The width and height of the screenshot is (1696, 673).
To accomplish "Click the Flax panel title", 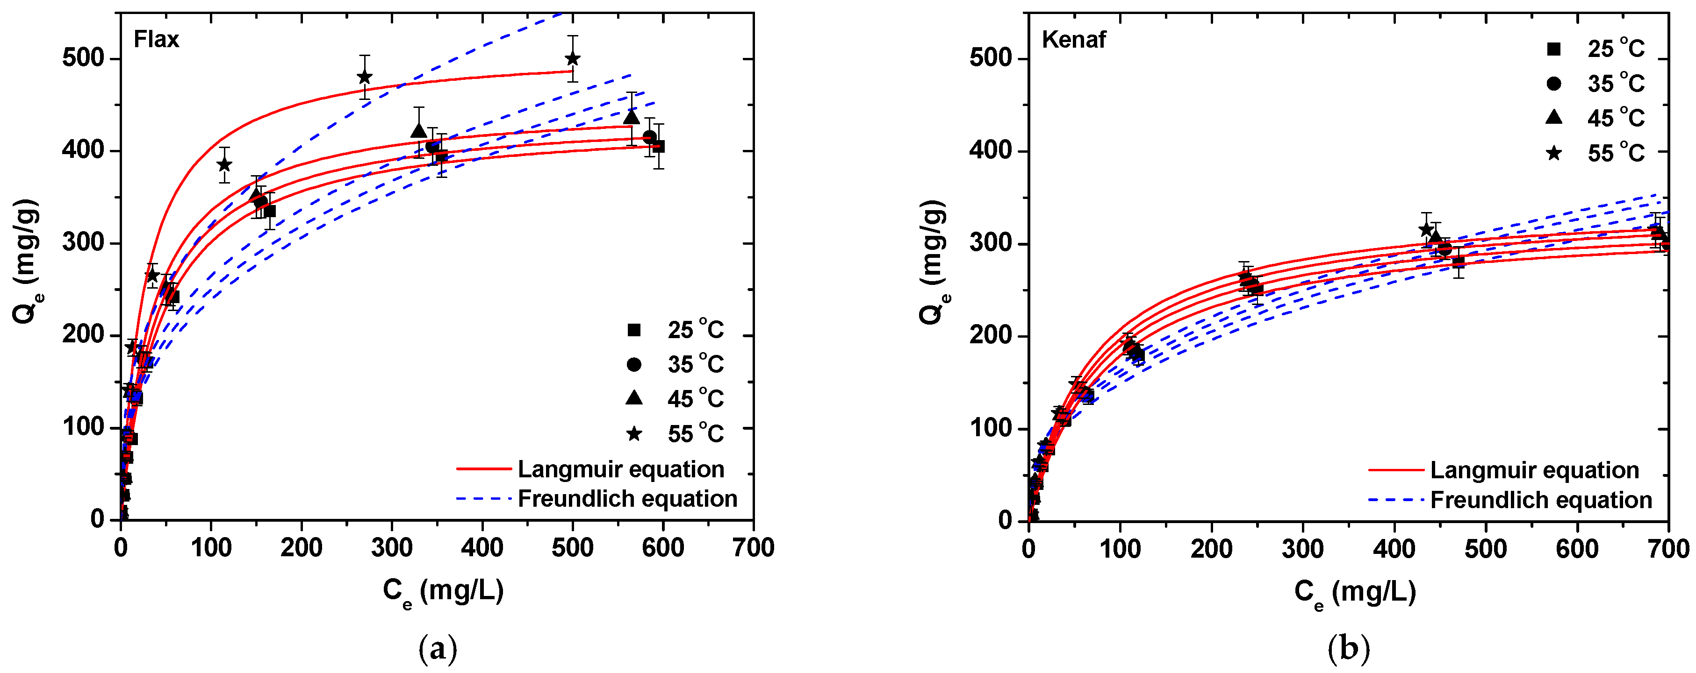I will click(156, 40).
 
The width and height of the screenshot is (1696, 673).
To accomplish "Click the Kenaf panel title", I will click(1073, 40).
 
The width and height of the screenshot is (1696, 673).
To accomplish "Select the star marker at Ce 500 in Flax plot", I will click(572, 58).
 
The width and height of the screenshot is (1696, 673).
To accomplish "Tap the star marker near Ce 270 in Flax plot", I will click(364, 77).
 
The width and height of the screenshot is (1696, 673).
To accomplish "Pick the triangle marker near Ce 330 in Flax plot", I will click(419, 130).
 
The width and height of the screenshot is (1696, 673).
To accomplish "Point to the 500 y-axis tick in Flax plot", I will click(83, 58).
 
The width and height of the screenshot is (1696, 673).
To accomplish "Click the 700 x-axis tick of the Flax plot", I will click(753, 547).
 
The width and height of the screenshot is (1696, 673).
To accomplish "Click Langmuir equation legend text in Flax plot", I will click(621, 469).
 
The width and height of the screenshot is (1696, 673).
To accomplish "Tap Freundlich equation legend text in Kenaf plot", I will click(1541, 500).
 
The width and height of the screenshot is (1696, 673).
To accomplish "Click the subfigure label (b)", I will click(1348, 648).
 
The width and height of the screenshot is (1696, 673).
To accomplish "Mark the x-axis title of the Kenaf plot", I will click(1355, 592).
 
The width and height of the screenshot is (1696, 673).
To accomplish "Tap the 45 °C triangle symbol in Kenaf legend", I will click(1554, 117).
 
